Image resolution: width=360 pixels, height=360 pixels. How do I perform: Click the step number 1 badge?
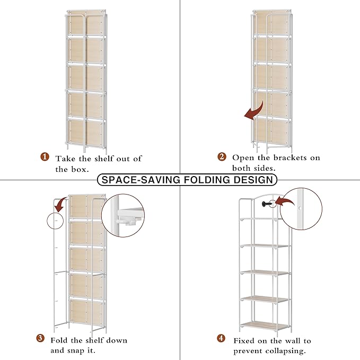pos(45,157)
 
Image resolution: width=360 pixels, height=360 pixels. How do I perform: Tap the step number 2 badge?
pos(222,157)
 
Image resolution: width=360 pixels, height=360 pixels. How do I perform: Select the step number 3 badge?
pos(40,339)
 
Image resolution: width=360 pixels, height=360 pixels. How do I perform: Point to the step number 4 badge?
pos(221,339)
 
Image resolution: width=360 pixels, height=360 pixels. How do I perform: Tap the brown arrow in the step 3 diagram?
pos(61,204)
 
